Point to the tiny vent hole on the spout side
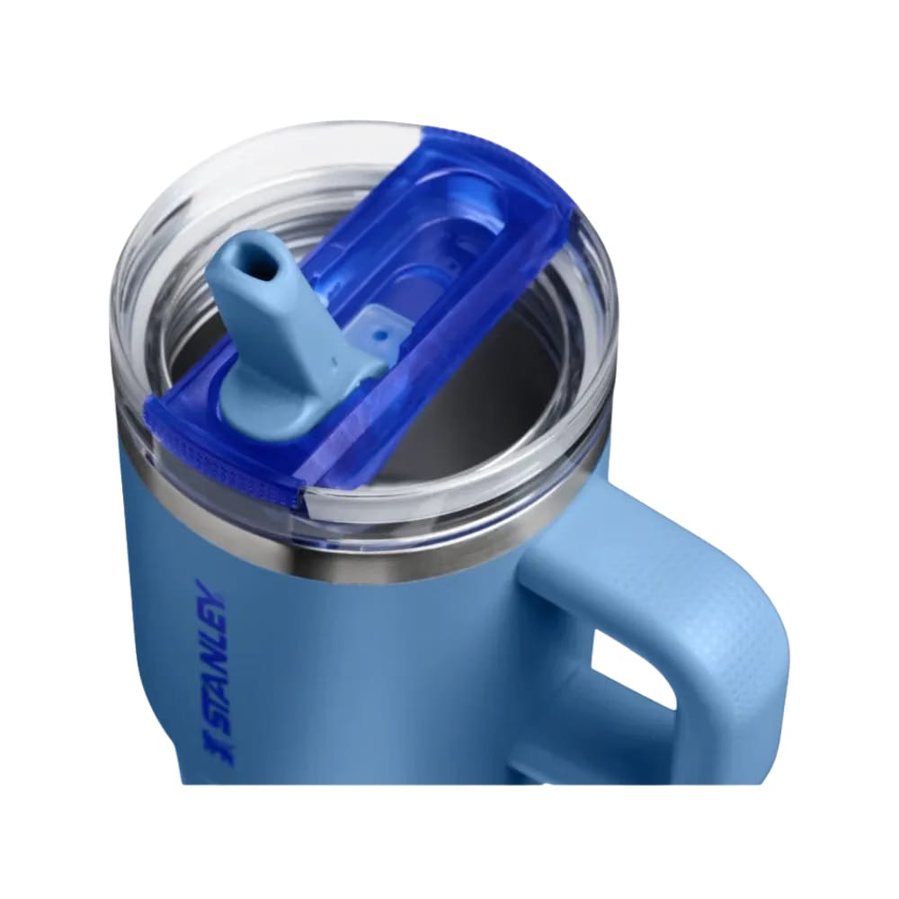click(x=334, y=360)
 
